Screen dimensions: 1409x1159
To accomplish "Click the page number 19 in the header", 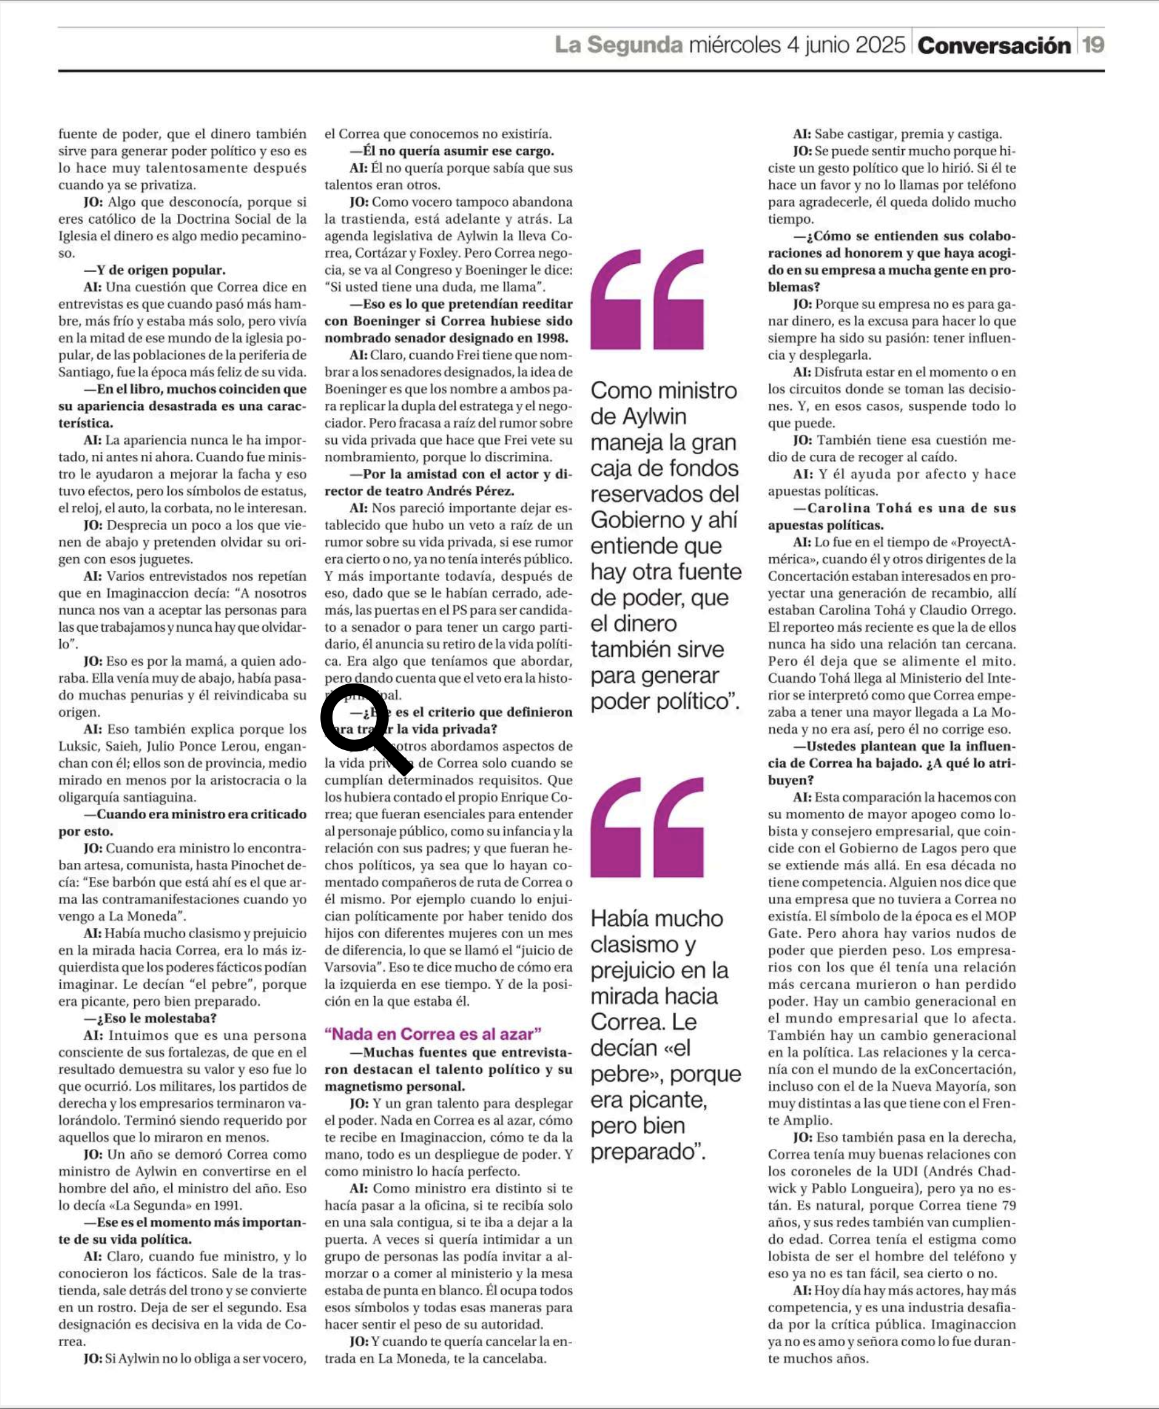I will (1093, 46).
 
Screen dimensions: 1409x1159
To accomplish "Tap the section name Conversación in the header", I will (993, 46).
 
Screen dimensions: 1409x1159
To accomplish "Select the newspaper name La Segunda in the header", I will (618, 45).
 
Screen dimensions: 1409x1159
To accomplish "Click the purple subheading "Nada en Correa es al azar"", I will (432, 1034).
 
